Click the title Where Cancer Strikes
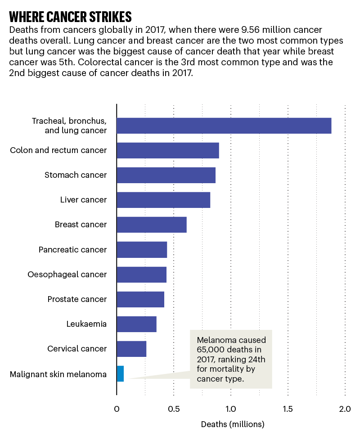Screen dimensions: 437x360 [70, 17]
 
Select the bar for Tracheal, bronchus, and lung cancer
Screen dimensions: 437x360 [224, 126]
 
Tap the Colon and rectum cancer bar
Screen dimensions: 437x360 [167, 150]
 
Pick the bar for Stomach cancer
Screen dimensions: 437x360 [166, 175]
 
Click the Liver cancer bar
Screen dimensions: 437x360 [163, 200]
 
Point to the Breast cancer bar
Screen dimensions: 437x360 [151, 225]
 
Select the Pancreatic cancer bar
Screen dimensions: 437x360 [141, 249]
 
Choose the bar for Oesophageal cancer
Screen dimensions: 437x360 [141, 275]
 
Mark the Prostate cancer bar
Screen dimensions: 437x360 [140, 299]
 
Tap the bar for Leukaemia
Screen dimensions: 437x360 [136, 324]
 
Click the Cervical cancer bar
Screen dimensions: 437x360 [131, 349]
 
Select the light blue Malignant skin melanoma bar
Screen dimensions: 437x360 [120, 374]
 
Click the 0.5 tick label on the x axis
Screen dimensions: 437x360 [174, 409]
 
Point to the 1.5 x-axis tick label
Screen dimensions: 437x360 [288, 409]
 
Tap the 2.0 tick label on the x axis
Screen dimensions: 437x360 [345, 409]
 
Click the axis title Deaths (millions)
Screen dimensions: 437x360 [233, 424]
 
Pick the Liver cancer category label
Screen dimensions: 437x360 [83, 200]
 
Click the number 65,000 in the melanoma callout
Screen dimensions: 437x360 [211, 349]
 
